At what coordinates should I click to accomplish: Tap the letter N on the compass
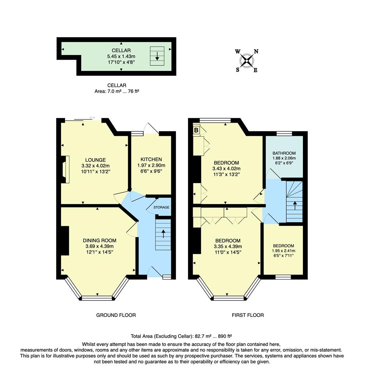[256, 51]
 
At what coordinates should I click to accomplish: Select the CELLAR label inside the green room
[121, 50]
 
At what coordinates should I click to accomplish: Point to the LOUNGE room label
[95, 160]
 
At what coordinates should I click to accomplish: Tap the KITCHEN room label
[151, 159]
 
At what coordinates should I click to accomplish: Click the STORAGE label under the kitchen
[161, 207]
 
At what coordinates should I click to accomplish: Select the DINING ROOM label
[99, 241]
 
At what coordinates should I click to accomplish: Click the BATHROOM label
[284, 153]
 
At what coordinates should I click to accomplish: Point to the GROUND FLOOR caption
[116, 315]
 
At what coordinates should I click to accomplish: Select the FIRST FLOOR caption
[248, 315]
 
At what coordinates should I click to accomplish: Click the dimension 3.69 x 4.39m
[99, 246]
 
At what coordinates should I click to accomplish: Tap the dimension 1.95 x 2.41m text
[284, 251]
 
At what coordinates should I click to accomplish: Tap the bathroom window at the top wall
[284, 134]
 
